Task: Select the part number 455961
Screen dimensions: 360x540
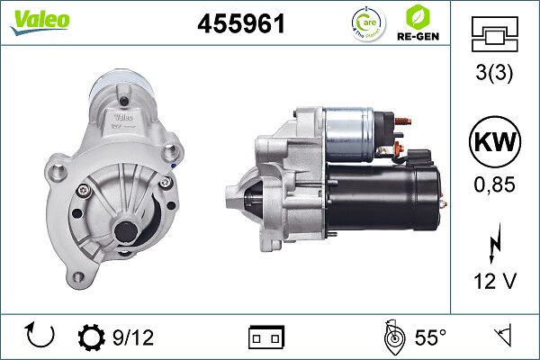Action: (x=240, y=25)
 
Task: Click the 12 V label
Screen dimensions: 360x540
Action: (x=495, y=282)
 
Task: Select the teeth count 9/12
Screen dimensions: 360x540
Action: (x=133, y=337)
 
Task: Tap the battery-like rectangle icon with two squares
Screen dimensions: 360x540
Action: (x=265, y=337)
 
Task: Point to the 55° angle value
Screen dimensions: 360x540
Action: (x=429, y=337)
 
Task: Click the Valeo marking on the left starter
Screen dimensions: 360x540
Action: (x=123, y=116)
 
